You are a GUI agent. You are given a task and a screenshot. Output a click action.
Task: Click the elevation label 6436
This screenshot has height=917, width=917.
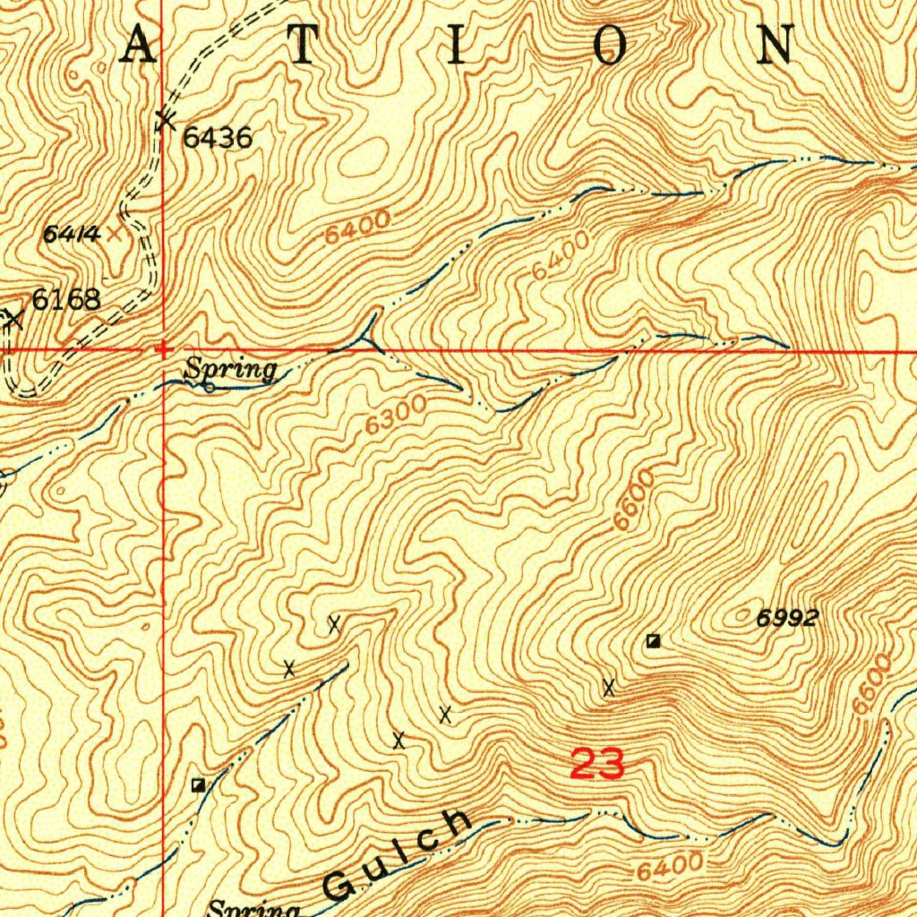coord(218,138)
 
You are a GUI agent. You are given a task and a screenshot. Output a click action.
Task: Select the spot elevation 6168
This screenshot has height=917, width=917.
coord(66,300)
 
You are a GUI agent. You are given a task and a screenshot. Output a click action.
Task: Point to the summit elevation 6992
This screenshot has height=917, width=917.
coord(787,618)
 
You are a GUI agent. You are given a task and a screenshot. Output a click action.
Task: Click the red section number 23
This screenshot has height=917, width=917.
coord(596,765)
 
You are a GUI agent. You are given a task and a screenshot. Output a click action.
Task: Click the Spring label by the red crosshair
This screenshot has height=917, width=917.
coord(230,369)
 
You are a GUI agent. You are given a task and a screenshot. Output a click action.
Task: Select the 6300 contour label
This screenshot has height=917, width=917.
coord(396,416)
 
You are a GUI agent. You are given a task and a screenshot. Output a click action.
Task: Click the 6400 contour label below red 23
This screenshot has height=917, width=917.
coord(669,867)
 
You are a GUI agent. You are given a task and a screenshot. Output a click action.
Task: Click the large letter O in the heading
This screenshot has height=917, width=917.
coord(610,45)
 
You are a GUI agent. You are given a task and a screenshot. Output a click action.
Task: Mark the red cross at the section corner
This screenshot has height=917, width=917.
coord(163,349)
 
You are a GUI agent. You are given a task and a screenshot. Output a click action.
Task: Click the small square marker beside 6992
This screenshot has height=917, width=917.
coord(654,640)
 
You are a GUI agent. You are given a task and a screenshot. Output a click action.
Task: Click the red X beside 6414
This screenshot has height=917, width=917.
coord(115,235)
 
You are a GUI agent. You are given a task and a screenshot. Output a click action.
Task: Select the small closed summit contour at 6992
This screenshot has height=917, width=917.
coord(743,615)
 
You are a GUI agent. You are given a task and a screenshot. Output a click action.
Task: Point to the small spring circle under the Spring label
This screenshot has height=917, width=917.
coord(209,388)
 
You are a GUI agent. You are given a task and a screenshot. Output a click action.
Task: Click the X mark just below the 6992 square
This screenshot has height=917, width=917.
coord(609,688)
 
